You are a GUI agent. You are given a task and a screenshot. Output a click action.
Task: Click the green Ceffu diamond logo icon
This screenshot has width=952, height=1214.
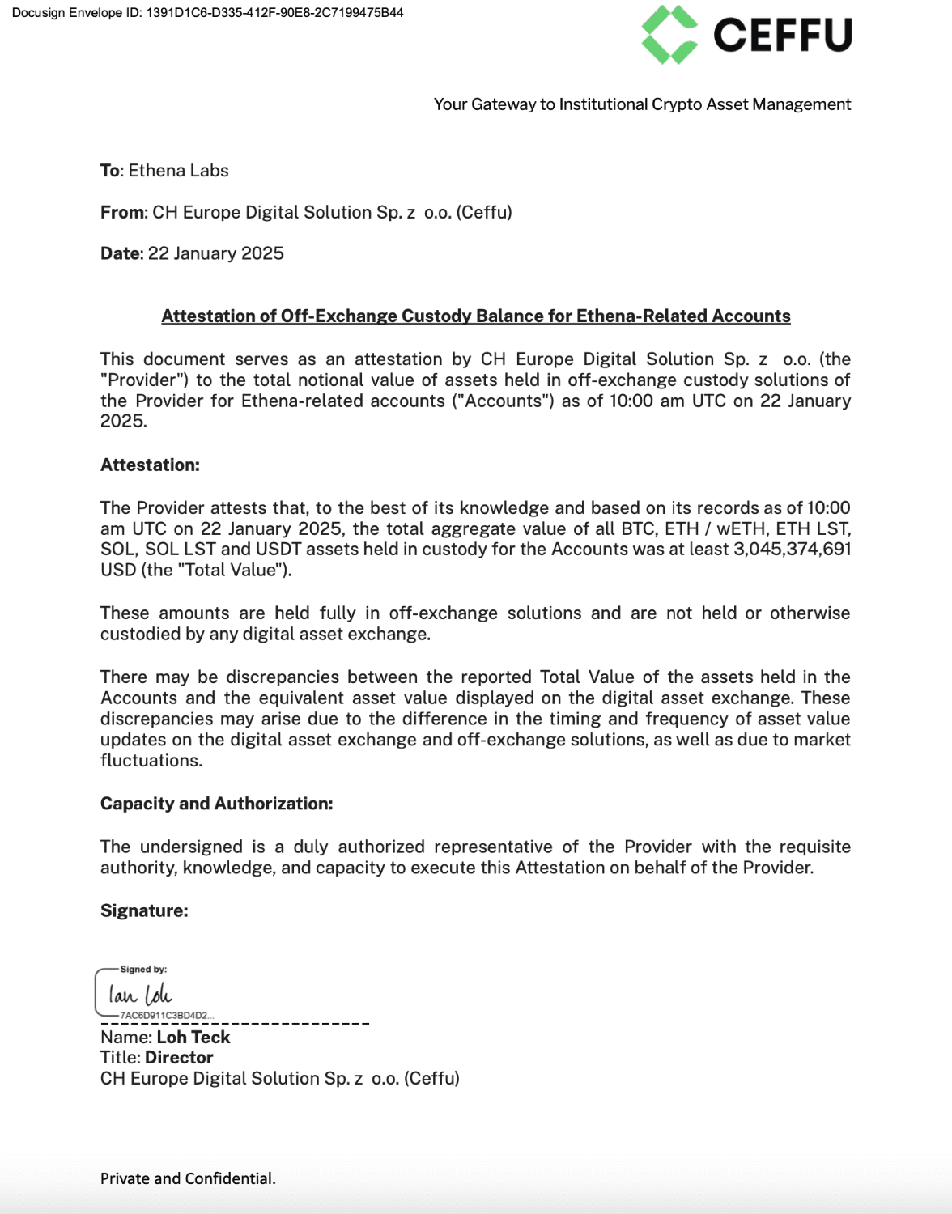click(x=669, y=35)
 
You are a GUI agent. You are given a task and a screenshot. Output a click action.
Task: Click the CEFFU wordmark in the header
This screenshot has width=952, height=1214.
click(x=782, y=36)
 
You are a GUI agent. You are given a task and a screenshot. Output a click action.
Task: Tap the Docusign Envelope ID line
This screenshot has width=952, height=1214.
click(x=207, y=13)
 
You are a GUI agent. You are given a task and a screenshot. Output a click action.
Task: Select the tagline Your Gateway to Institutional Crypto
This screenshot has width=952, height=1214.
click(x=642, y=104)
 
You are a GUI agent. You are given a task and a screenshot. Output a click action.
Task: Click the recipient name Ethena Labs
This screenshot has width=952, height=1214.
click(x=178, y=171)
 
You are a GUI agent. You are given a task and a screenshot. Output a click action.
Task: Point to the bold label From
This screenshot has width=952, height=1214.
click(x=122, y=212)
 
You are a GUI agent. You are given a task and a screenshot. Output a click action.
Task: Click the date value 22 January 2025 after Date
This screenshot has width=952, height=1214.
click(x=215, y=253)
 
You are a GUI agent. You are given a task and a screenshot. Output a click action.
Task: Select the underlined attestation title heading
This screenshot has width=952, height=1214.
click(x=476, y=316)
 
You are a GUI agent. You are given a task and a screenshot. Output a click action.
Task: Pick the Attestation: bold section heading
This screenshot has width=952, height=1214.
click(x=150, y=465)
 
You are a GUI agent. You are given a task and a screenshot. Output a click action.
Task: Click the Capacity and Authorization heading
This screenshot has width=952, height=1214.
click(x=216, y=804)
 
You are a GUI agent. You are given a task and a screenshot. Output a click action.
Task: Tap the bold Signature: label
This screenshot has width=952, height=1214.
click(x=144, y=910)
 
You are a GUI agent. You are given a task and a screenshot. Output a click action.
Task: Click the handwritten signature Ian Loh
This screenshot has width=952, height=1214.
click(x=140, y=995)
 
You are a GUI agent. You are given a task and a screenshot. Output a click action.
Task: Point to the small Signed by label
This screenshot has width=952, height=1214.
click(x=143, y=970)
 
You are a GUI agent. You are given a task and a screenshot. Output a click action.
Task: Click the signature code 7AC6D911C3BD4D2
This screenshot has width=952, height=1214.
click(x=165, y=1015)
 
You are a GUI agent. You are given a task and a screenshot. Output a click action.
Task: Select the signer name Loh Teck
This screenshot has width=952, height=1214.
click(x=193, y=1037)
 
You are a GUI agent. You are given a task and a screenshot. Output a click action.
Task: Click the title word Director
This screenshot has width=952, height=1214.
click(x=179, y=1058)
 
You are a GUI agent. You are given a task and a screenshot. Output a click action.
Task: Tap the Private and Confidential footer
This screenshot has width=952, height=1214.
click(x=188, y=1178)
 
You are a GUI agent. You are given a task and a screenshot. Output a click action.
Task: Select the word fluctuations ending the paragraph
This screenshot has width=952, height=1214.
click(x=150, y=761)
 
